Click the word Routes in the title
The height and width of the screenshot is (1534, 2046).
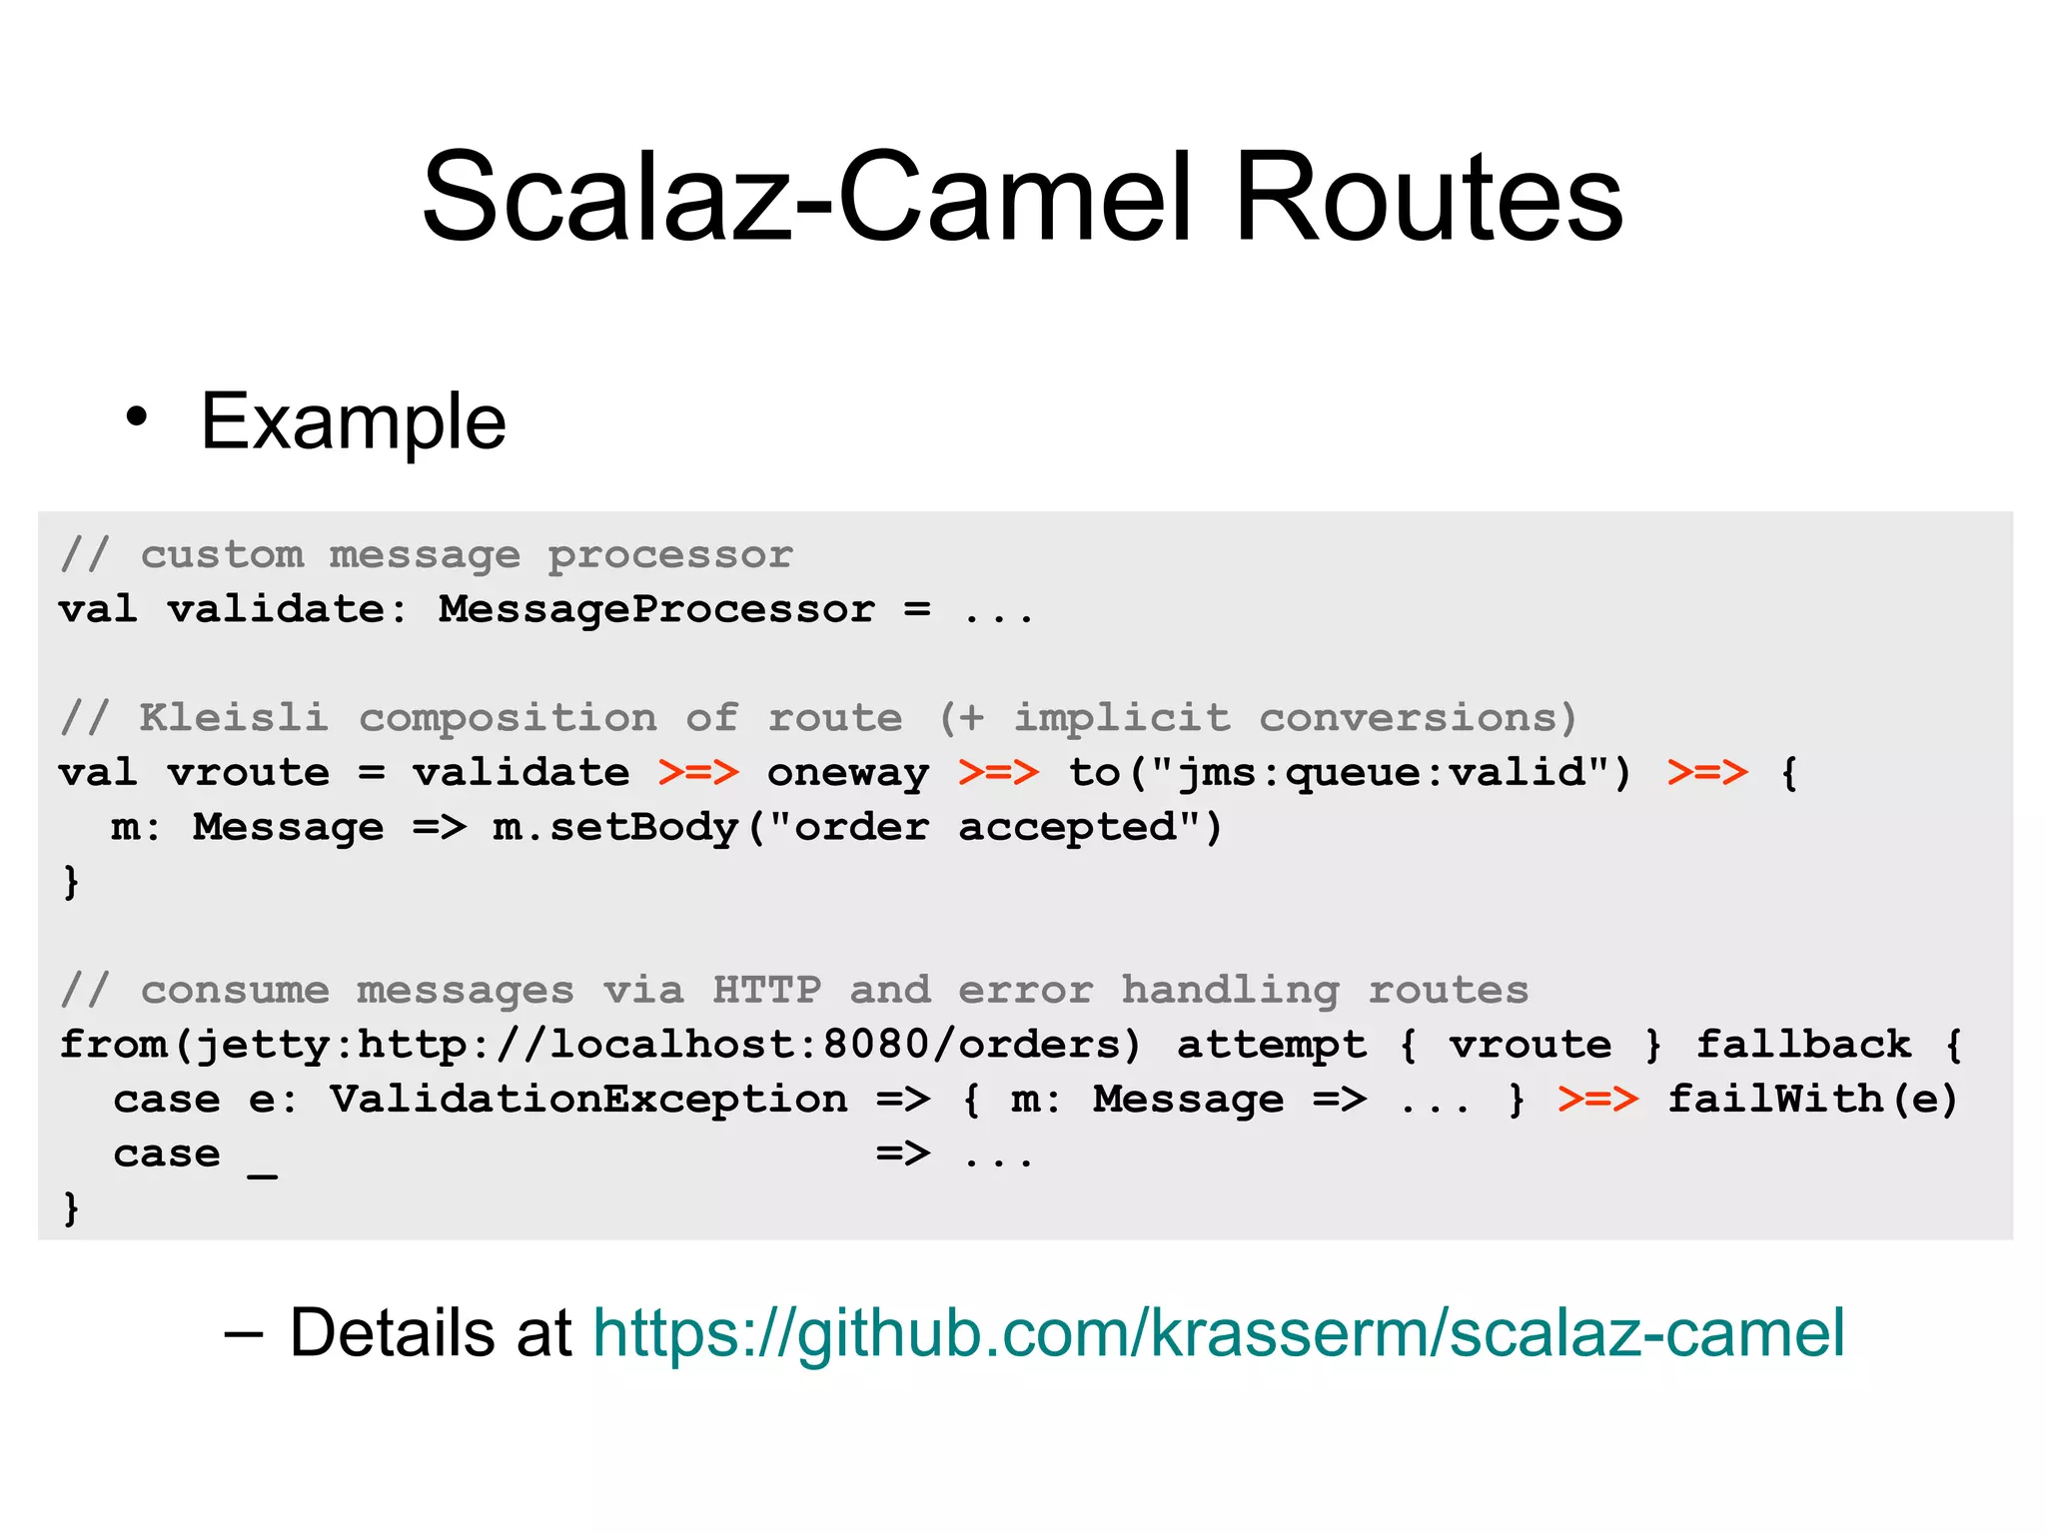click(1428, 197)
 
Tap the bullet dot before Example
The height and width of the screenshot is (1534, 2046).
click(137, 417)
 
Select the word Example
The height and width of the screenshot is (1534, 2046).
click(353, 421)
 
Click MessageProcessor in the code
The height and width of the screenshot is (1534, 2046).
click(656, 609)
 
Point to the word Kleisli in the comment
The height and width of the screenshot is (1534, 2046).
click(234, 718)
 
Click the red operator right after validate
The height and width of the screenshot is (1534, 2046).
click(698, 772)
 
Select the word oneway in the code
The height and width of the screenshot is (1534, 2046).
click(847, 773)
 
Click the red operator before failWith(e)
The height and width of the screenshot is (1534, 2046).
click(1597, 1100)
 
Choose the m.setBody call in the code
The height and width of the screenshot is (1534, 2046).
click(614, 827)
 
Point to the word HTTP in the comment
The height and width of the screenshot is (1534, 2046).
click(766, 990)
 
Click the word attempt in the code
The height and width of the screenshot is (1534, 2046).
click(1272, 1045)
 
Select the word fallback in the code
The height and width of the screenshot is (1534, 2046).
click(1803, 1045)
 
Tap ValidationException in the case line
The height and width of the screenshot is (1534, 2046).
click(588, 1100)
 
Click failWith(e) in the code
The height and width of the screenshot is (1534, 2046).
click(1812, 1100)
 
